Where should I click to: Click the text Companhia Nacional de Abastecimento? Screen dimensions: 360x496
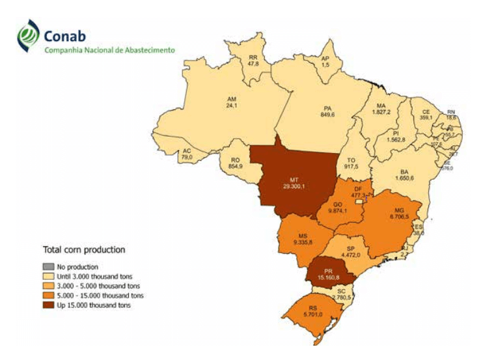pyautogui.click(x=109, y=49)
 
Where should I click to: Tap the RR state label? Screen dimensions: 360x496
pyautogui.click(x=253, y=57)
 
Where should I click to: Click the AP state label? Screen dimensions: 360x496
pyautogui.click(x=325, y=58)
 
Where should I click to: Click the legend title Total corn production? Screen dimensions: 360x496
pyautogui.click(x=83, y=249)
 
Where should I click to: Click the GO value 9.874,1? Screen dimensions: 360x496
pyautogui.click(x=337, y=210)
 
